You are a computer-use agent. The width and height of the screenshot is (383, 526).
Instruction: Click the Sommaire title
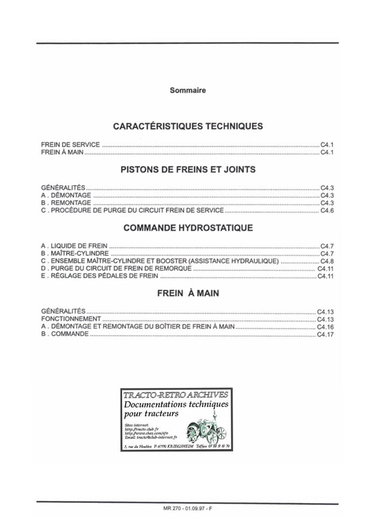click(187, 90)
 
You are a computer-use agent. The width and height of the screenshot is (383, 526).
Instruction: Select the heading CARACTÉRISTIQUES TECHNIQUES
click(187, 126)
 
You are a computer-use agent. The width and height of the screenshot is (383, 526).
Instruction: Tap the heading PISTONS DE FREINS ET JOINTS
click(187, 169)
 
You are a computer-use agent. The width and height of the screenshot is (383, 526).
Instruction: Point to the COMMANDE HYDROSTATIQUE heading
click(187, 228)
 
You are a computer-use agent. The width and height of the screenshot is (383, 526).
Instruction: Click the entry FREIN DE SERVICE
click(70, 145)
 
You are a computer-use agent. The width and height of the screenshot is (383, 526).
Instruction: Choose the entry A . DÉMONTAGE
click(66, 196)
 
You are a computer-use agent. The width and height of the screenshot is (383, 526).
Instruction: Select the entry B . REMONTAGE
click(66, 203)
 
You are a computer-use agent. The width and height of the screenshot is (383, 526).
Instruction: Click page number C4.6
click(327, 211)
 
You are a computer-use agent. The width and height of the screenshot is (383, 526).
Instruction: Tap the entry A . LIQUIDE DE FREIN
click(74, 246)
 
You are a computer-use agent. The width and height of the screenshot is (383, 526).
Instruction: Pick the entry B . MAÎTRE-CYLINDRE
click(75, 253)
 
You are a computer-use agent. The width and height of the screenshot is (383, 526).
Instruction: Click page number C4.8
click(327, 261)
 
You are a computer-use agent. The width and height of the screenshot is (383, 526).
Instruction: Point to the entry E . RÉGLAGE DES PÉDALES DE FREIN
click(99, 276)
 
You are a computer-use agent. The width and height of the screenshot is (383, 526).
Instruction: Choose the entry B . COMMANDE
click(65, 334)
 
